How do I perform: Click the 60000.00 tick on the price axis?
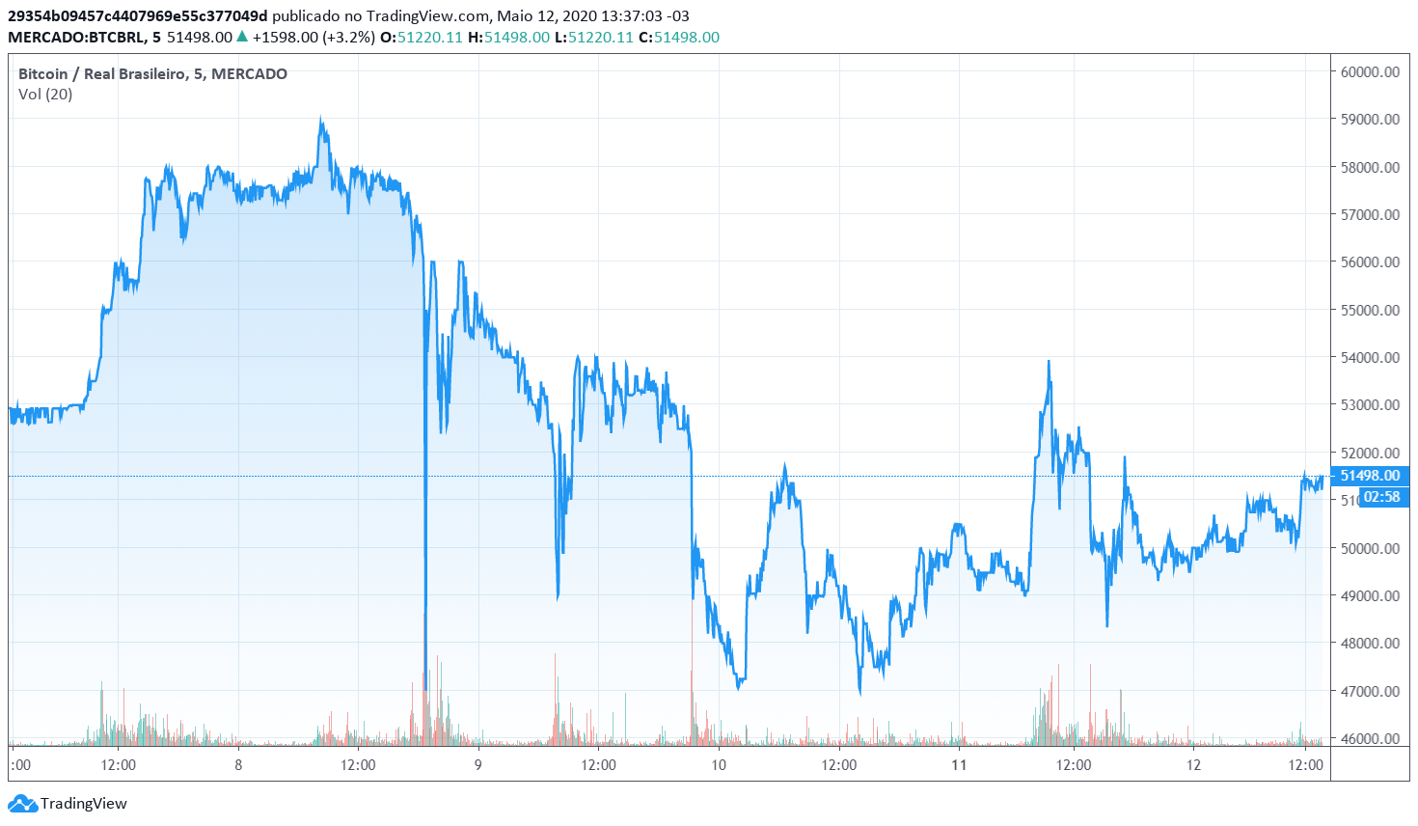1370,71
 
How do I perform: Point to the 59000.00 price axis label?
1370,120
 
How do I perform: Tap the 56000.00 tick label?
1370,262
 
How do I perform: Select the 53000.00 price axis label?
1370,405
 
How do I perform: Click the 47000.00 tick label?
1370,691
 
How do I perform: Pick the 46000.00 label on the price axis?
1370,739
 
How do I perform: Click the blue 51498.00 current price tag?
1370,476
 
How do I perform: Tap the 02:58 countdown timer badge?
1381,497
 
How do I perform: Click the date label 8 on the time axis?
238,765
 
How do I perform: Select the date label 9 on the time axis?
478,765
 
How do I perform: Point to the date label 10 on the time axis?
719,765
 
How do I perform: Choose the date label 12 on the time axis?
1194,765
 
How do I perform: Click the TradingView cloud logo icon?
21,803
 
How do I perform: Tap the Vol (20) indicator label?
45,95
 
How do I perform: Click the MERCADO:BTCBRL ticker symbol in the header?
76,38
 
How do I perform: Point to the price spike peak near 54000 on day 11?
1049,362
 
